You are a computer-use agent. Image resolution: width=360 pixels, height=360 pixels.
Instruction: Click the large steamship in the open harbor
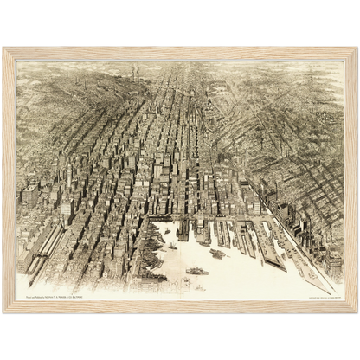click(196, 271)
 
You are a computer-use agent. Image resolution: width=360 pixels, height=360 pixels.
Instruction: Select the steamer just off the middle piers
click(216, 254)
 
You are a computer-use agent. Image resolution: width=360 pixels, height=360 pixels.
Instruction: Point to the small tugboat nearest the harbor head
click(172, 246)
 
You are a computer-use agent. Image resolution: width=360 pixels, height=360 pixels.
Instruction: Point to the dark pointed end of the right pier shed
click(279, 265)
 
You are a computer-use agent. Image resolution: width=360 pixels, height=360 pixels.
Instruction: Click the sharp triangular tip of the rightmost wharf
click(331, 290)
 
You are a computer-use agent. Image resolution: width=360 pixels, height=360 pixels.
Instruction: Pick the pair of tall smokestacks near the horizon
click(135, 74)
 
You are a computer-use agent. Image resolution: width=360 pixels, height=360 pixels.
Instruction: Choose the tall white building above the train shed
click(66, 208)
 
